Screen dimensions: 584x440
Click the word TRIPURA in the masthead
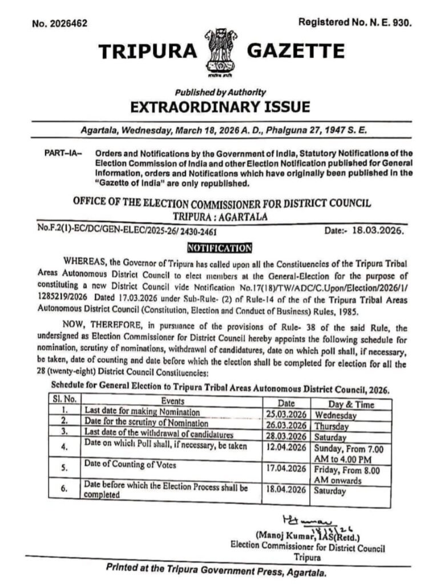click(147, 52)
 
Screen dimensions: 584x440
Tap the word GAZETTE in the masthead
click(296, 52)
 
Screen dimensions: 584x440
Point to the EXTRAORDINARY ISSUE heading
click(220, 107)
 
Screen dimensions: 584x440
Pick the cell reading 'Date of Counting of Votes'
click(131, 465)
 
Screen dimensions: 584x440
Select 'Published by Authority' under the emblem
click(220, 92)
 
